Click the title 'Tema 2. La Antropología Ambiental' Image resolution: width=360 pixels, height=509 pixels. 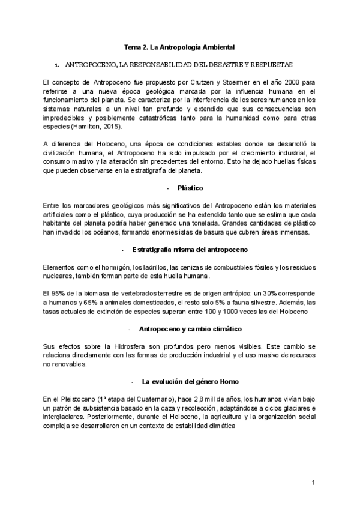click(179, 46)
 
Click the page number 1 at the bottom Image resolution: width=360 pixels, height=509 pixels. click(313, 483)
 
